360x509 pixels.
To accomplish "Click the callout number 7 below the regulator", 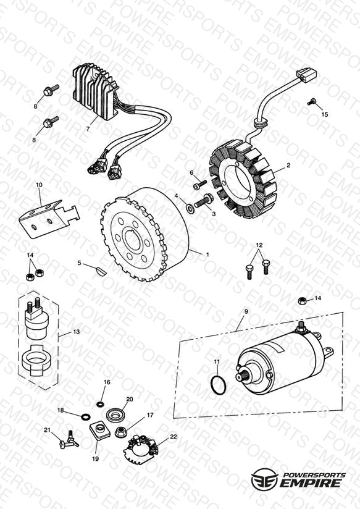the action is coord(88,129).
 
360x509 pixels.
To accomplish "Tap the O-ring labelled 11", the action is coord(218,385).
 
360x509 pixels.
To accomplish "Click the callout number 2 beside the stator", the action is coord(288,165).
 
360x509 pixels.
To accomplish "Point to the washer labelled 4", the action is coord(190,208).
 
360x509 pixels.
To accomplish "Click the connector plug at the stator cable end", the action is coord(306,77).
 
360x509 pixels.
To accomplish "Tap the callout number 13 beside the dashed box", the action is coord(77,332).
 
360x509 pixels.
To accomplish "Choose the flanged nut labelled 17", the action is coord(121,432).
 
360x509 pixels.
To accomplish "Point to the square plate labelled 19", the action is coord(100,431).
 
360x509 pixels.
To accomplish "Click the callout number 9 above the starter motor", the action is coord(246,311).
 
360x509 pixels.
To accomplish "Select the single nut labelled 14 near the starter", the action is coord(303,300).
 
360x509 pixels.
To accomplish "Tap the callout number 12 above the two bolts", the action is coord(259,245).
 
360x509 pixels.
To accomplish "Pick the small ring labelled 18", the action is coord(86,416).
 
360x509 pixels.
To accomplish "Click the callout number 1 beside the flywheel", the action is coord(207,254).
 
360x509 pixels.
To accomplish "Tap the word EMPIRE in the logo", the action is coord(311,483).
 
